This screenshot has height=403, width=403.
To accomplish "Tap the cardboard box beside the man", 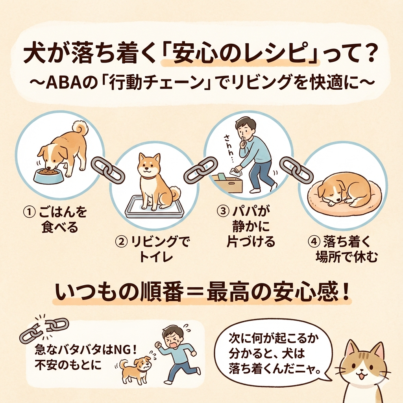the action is tap(227, 183).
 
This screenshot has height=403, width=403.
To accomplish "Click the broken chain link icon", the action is tap(44, 330).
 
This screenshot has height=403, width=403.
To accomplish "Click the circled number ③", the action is tap(223, 211).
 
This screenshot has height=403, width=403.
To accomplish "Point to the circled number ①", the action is tap(29, 213).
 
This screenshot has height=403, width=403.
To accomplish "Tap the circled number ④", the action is tap(313, 242).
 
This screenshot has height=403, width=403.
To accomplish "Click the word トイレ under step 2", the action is tap(156, 256).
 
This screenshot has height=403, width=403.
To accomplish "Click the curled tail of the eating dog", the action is tap(80, 129).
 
